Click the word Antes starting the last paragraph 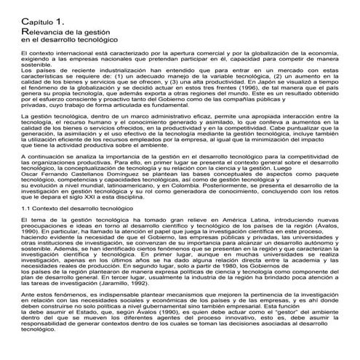tap(31, 319)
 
